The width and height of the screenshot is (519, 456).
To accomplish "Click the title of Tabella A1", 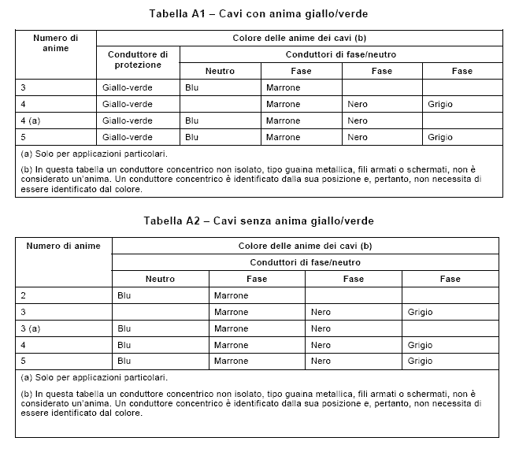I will tap(258, 14).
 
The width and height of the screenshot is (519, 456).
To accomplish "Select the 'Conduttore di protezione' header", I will tap(138, 59).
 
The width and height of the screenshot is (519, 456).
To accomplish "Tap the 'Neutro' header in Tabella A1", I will tap(220, 71).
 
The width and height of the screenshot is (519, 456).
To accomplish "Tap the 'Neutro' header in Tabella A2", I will tap(160, 279).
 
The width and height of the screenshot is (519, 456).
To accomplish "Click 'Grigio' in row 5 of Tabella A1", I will tap(440, 137).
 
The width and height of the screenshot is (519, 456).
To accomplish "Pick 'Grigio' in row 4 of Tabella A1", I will tap(440, 104).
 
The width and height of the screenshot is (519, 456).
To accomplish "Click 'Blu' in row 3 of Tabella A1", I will tap(191, 87).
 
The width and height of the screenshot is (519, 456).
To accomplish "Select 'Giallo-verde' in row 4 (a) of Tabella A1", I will tap(127, 120).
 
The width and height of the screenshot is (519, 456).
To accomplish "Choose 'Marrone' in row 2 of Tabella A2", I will tap(231, 295).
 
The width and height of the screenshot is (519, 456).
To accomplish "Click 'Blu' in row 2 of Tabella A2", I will tap(124, 295).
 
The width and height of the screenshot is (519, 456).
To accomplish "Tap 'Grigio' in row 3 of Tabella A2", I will tap(421, 312).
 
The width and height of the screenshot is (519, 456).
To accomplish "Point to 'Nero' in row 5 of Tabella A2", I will tap(321, 361).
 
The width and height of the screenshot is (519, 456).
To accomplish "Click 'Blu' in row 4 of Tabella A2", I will tap(124, 345).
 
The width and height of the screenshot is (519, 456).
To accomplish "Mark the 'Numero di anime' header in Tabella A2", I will tap(63, 246).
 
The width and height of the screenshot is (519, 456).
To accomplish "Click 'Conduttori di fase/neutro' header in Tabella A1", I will tap(340, 54).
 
